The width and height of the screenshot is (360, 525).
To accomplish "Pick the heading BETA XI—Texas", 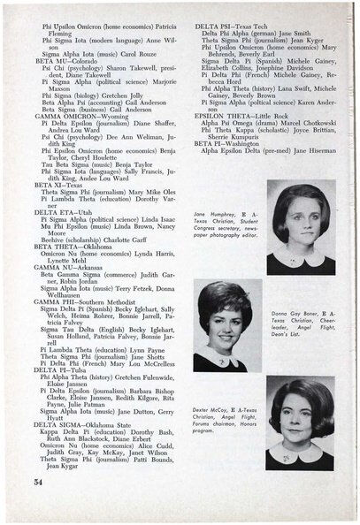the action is pos(61,189).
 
